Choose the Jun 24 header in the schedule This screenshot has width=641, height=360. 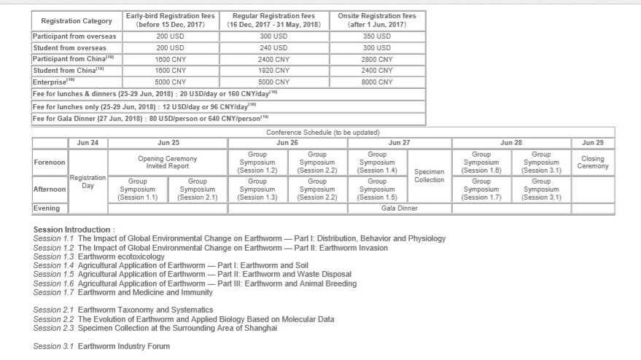(x=88, y=143)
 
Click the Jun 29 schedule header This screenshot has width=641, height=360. (x=593, y=143)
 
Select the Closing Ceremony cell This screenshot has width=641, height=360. (x=593, y=163)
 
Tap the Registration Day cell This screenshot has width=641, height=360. (x=88, y=181)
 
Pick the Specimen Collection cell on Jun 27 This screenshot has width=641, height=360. (x=429, y=176)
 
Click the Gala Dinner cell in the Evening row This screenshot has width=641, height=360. (x=400, y=208)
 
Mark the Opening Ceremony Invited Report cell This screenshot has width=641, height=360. (x=168, y=163)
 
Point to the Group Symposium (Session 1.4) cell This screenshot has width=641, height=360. (x=377, y=163)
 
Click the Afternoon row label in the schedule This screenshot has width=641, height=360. (x=50, y=189)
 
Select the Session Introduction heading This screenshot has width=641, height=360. (x=74, y=230)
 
